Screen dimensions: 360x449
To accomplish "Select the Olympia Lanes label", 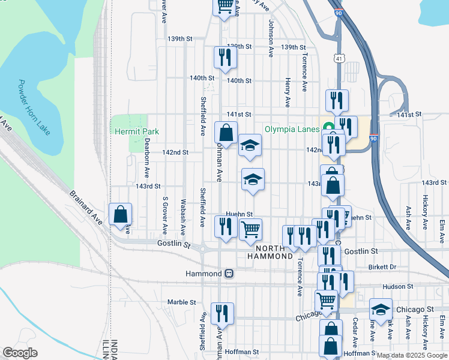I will pyautogui.click(x=292, y=128).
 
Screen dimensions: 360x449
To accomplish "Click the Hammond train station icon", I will pyautogui.click(x=229, y=274).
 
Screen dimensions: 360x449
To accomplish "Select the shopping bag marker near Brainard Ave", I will pyautogui.click(x=120, y=214).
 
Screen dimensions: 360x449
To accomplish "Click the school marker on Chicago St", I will pyautogui.click(x=381, y=310).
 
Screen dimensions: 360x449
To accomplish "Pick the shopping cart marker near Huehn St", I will pyautogui.click(x=250, y=229).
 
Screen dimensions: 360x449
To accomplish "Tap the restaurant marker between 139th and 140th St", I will pyautogui.click(x=225, y=58).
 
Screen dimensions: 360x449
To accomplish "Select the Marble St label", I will pyautogui.click(x=182, y=302).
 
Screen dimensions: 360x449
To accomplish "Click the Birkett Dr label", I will pyautogui.click(x=384, y=267).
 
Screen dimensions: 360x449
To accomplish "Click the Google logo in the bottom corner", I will pyautogui.click(x=20, y=353).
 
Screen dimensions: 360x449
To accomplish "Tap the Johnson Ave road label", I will pyautogui.click(x=271, y=38).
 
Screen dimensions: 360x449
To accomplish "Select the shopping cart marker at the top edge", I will pyautogui.click(x=224, y=6).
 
